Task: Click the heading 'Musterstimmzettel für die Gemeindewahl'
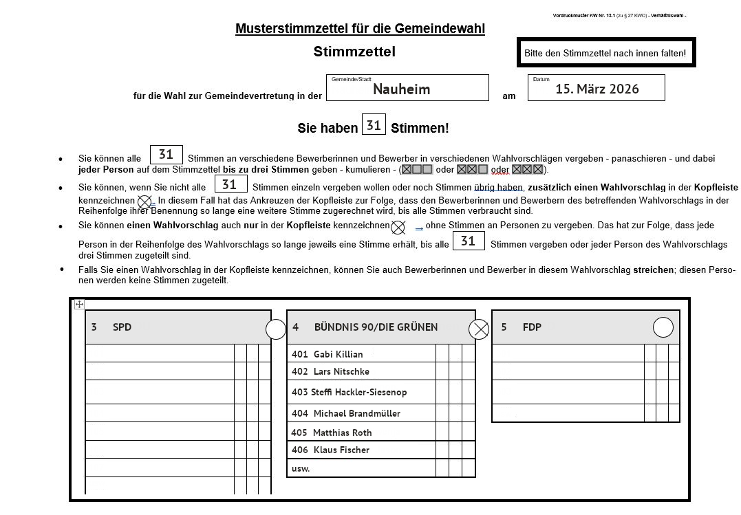click(x=360, y=28)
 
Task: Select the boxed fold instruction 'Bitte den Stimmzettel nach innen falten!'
click(x=605, y=53)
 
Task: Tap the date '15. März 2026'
click(x=597, y=89)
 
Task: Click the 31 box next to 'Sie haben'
click(x=374, y=125)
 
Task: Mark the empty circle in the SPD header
click(x=276, y=330)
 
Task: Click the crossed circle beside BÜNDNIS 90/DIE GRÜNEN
click(x=479, y=330)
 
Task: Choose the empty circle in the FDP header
click(x=663, y=327)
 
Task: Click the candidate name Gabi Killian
click(x=338, y=354)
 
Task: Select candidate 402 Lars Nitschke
click(x=341, y=371)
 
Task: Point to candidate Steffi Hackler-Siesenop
click(x=358, y=392)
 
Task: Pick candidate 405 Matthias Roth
click(x=342, y=432)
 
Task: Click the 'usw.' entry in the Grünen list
click(x=301, y=468)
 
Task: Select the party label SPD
click(x=122, y=327)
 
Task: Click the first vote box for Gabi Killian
click(x=442, y=353)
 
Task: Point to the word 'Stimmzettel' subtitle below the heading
click(x=354, y=52)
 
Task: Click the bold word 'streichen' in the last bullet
click(x=652, y=270)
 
